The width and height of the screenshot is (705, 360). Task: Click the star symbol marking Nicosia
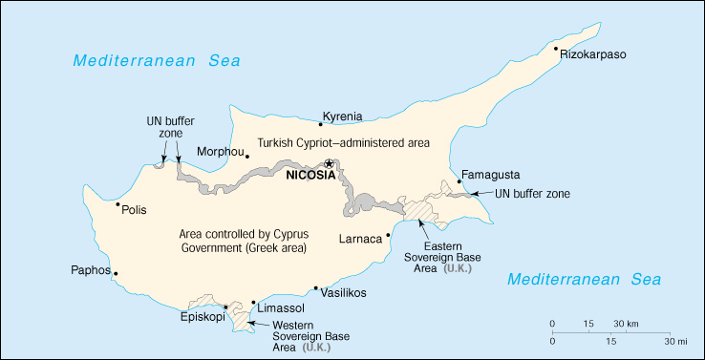point(331,163)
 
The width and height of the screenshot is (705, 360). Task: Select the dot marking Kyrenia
point(319,122)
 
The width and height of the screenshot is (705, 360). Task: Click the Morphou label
point(220,151)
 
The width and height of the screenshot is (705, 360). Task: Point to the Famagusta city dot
point(459,181)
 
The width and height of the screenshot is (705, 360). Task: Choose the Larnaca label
point(360,237)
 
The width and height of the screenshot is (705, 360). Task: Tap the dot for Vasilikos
point(316,287)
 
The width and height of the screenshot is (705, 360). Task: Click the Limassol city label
point(281,307)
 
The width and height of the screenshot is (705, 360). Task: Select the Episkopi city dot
point(225,307)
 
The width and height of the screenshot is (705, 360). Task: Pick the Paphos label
point(91,270)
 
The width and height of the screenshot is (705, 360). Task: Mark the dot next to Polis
point(117,203)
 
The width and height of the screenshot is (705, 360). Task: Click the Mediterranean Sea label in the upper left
point(158,61)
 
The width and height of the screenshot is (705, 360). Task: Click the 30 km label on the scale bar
point(626,322)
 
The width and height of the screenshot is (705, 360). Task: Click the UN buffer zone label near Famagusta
point(533,194)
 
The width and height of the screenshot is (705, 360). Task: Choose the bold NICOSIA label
point(310,175)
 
